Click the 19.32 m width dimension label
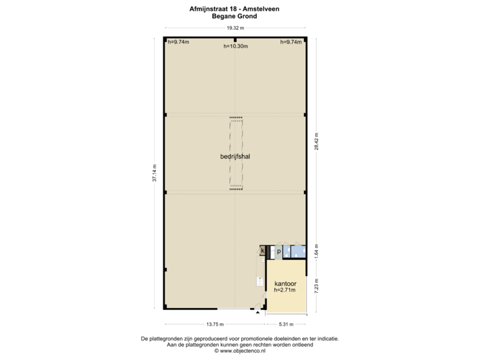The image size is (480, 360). pos(235,29)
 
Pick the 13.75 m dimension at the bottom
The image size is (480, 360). pos(214,324)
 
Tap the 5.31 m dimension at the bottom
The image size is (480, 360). pos(286,324)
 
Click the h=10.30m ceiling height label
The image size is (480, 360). pos(235,46)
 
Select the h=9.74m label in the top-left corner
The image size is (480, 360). pos(179,42)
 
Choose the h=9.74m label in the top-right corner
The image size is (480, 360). pos(291,42)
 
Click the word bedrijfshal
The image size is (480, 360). pos(234,157)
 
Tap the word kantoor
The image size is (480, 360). pos(285,283)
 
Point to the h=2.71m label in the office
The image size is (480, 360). pos(285,291)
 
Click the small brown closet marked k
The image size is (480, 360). pos(263,251)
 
